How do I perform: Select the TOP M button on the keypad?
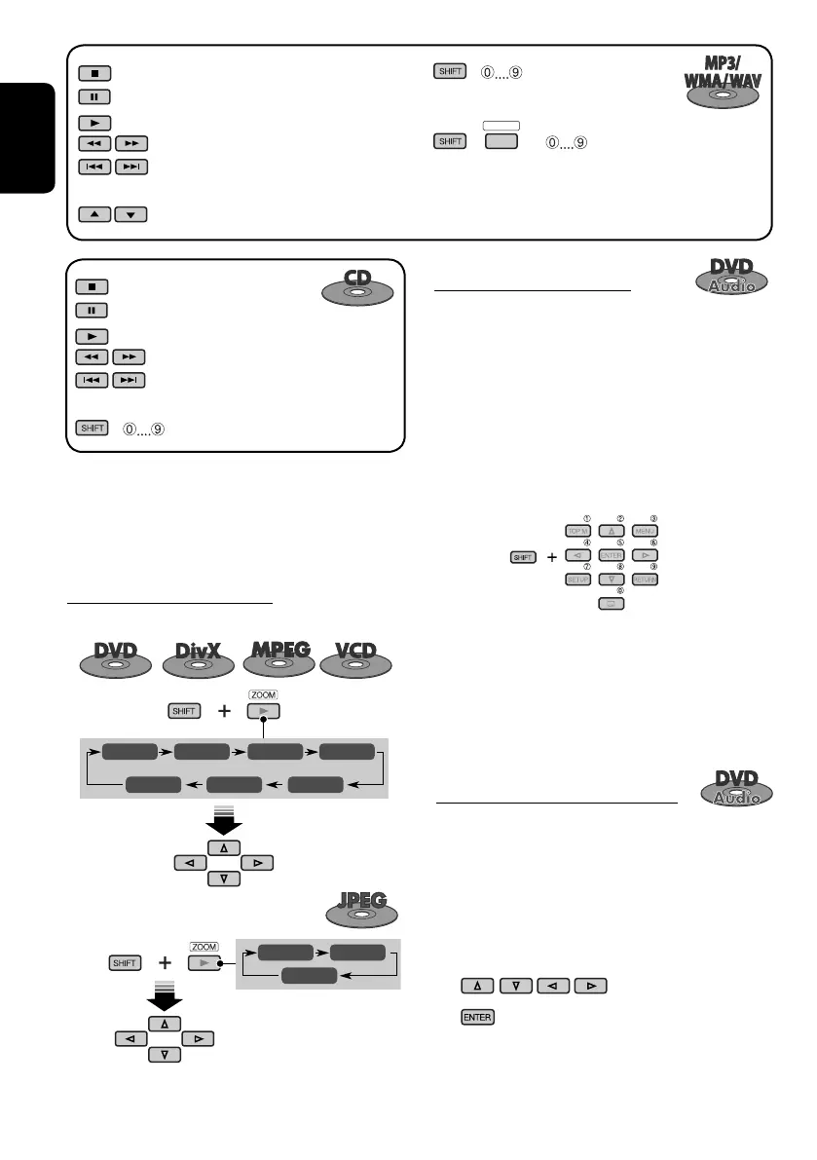577,531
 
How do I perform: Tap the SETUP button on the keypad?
577,579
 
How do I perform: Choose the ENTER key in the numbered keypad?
610,555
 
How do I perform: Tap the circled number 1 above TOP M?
587,517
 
